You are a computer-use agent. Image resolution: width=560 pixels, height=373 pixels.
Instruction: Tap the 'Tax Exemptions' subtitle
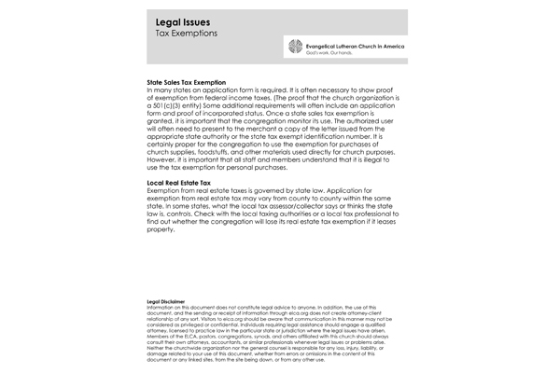coord(187,34)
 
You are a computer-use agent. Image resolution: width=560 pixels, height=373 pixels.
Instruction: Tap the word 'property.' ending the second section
coord(163,230)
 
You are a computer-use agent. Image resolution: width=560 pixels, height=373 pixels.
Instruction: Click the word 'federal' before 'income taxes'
coord(231,98)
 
